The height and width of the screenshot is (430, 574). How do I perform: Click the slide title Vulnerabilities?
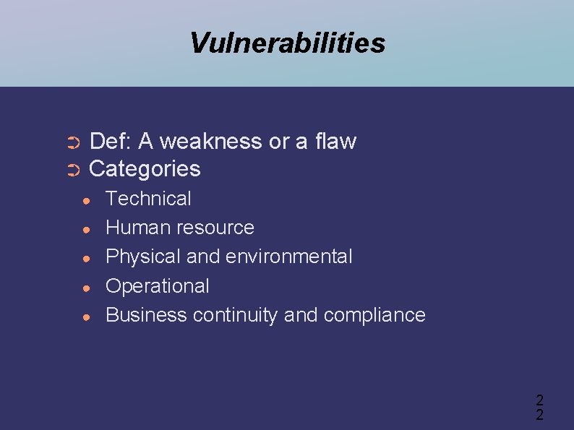pyautogui.click(x=287, y=43)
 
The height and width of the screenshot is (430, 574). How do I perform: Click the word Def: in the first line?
pyautogui.click(x=111, y=141)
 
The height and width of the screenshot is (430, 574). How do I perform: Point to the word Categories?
pyautogui.click(x=145, y=169)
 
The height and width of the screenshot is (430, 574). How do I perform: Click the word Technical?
pyautogui.click(x=148, y=199)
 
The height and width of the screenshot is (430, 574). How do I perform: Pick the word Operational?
pyautogui.click(x=157, y=286)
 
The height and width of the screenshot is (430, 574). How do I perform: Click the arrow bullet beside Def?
pyautogui.click(x=72, y=142)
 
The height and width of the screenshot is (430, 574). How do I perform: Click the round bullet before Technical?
pyautogui.click(x=85, y=200)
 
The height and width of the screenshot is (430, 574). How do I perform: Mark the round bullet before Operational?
pyautogui.click(x=85, y=287)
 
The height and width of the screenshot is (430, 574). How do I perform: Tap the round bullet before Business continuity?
pyautogui.click(x=85, y=316)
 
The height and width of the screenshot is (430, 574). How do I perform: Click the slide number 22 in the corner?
pyautogui.click(x=539, y=407)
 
